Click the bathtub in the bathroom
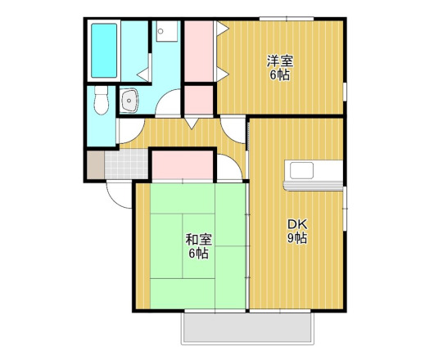tap(104, 51)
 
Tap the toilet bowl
tap(101, 100)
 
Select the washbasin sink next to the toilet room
tap(129, 101)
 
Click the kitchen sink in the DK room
tap(301, 170)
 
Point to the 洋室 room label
tap(280, 61)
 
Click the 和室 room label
tap(199, 240)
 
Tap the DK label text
tap(297, 224)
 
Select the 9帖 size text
tap(297, 238)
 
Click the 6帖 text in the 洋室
tap(280, 75)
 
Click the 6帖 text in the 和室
tap(199, 254)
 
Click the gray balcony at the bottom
tap(248, 328)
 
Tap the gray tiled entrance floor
tap(126, 164)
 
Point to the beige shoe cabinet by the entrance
tap(96, 164)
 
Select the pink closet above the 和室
tap(183, 165)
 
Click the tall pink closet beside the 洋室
tap(199, 52)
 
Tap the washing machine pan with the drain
tap(166, 31)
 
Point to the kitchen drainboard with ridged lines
tap(313, 186)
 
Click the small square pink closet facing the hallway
tap(199, 100)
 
